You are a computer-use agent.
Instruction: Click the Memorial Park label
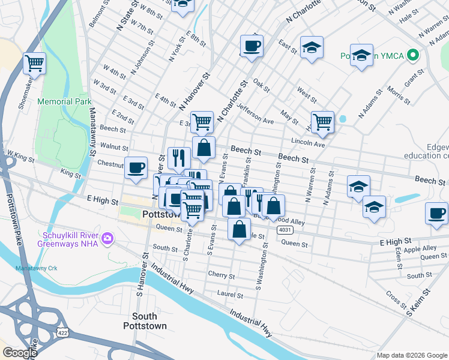[x=64, y=102]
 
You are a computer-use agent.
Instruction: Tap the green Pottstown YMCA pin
[x=412, y=55]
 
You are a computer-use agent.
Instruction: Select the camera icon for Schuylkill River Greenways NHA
[x=107, y=238]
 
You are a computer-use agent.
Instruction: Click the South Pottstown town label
[x=144, y=320]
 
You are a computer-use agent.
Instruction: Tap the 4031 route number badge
[x=285, y=230]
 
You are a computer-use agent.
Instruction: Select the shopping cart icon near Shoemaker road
[x=34, y=63]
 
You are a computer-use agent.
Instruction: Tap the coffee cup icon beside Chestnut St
[x=136, y=167]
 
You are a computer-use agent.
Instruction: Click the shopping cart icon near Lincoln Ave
[x=322, y=122]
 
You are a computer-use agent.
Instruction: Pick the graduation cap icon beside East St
[x=312, y=47]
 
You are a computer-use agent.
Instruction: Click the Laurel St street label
[x=231, y=295]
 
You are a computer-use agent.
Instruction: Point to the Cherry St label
[x=221, y=276]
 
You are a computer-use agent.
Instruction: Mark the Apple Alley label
[x=420, y=248]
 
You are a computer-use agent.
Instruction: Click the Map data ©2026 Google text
[x=411, y=355]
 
